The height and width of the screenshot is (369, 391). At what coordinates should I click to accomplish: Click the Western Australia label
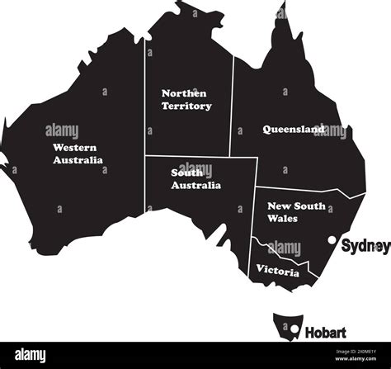(x=78, y=154)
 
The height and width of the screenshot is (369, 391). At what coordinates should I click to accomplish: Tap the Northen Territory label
(x=186, y=100)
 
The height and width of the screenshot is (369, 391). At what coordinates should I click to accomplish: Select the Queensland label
(x=293, y=129)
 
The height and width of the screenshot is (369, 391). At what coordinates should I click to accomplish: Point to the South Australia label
(x=195, y=179)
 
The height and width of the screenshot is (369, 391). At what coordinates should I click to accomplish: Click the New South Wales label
(x=295, y=212)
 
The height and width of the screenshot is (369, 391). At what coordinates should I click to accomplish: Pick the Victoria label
(x=277, y=269)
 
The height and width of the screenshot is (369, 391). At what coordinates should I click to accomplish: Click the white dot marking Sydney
(x=332, y=242)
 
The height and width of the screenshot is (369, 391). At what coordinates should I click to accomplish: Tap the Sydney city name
(x=364, y=244)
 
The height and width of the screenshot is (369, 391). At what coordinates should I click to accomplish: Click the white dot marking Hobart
(x=293, y=331)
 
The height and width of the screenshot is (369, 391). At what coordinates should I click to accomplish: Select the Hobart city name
(x=325, y=333)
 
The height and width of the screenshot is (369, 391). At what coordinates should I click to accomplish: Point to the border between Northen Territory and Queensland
(x=233, y=107)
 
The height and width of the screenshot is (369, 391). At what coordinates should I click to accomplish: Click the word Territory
(x=186, y=106)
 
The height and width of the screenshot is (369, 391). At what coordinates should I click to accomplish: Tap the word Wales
(x=282, y=219)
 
